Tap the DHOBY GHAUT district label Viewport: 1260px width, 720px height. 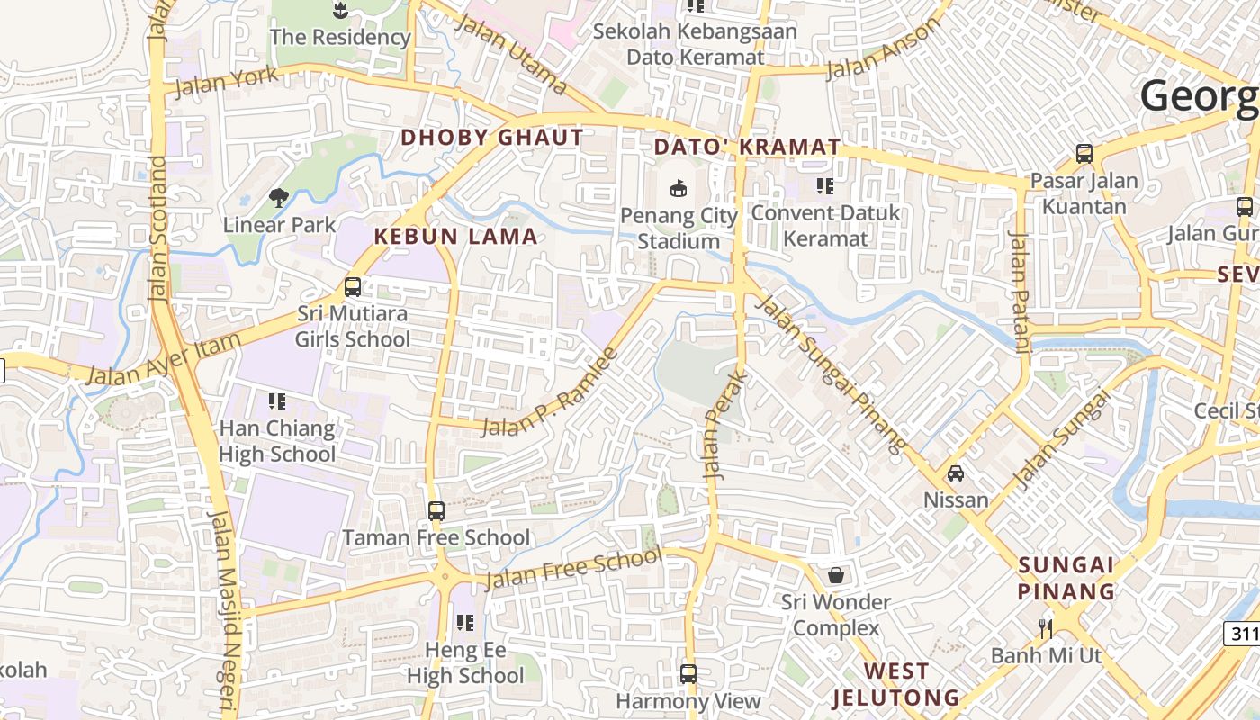click(492, 138)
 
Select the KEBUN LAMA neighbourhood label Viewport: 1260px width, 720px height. click(455, 237)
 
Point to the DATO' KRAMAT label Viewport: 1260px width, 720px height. click(747, 147)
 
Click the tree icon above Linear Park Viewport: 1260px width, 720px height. click(279, 197)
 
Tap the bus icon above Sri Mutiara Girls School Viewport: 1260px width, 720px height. click(353, 287)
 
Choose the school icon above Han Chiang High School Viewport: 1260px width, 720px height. click(277, 400)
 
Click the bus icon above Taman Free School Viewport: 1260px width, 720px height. click(436, 511)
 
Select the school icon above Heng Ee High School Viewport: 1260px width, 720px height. click(464, 622)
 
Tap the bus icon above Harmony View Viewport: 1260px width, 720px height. click(688, 673)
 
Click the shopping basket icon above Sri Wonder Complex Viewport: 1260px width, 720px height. click(836, 574)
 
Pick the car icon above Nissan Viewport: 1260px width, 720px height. click(956, 472)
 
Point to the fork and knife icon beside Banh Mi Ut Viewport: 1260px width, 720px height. click(1045, 627)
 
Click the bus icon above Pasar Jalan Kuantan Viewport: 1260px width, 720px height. click(1084, 154)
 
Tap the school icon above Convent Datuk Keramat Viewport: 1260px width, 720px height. click(825, 186)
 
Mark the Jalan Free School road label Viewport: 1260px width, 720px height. click(573, 568)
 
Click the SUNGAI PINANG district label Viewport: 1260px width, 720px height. click(1066, 578)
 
